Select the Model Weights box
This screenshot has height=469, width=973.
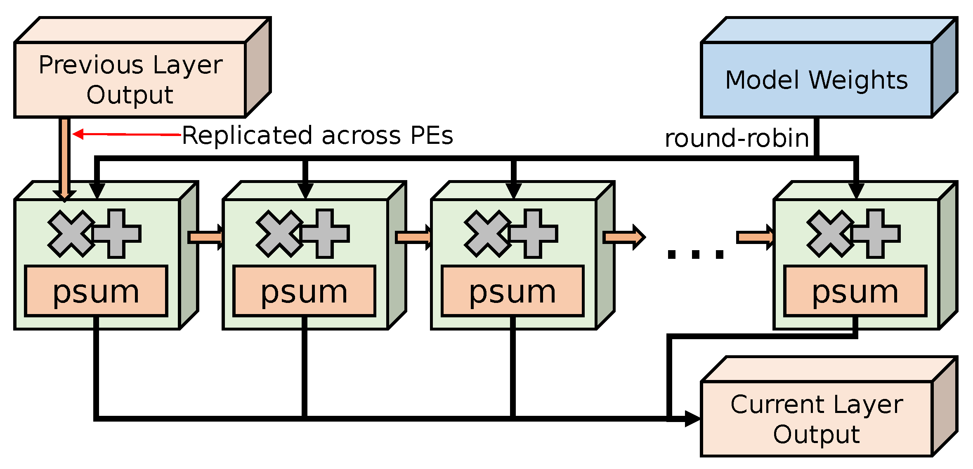click(816, 80)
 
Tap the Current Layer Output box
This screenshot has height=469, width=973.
click(816, 419)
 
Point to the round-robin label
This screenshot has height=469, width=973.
click(737, 138)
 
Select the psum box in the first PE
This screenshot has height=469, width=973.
click(96, 291)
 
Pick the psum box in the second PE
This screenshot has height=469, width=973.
click(305, 291)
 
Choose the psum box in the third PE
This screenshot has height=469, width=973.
click(512, 291)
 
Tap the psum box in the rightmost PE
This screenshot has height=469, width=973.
click(855, 291)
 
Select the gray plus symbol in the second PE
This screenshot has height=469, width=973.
click(325, 234)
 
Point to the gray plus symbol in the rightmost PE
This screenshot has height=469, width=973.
click(875, 234)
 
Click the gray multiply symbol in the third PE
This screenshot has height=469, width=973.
click(487, 234)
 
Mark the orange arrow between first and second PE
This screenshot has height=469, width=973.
click(205, 237)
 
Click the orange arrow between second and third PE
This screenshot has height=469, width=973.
click(413, 237)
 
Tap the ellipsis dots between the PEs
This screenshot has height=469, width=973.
click(696, 254)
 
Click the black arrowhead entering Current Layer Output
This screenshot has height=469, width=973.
click(692, 419)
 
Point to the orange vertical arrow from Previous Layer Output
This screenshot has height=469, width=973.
click(65, 159)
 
